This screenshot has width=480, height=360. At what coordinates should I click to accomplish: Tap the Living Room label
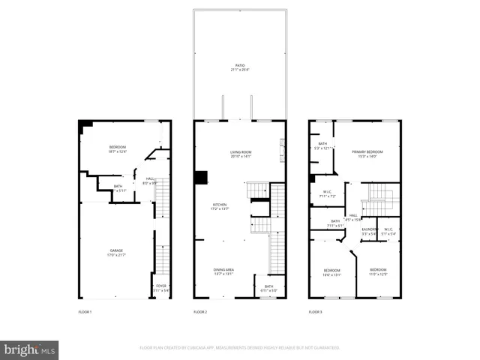[x=240, y=154]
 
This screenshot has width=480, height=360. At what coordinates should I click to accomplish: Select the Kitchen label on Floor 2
[x=220, y=205]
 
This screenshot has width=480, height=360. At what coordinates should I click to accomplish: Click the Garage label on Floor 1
[x=116, y=253]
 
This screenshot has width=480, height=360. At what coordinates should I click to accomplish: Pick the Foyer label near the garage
[x=160, y=288]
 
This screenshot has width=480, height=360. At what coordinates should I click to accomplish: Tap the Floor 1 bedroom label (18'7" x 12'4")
[x=117, y=149]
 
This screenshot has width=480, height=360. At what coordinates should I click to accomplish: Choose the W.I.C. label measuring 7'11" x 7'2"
[x=326, y=193]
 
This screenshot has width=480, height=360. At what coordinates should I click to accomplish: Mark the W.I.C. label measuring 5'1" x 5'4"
[x=388, y=231]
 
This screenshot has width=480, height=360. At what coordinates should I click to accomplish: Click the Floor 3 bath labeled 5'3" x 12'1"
[x=322, y=145]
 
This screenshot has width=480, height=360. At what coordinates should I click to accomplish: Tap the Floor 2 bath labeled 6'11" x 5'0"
[x=268, y=288]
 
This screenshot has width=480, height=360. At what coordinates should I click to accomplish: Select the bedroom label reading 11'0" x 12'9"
[x=377, y=271]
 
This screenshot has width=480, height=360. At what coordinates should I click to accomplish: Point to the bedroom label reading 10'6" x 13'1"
[x=332, y=272]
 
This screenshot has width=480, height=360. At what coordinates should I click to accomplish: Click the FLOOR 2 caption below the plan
[x=200, y=311]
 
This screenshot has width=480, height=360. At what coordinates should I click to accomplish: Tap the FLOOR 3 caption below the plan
[x=316, y=311]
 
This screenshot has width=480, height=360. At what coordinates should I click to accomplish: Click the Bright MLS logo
[x=30, y=349]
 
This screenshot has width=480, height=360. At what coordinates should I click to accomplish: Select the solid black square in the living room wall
[x=200, y=178]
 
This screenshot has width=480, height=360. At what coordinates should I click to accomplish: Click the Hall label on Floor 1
[x=150, y=180]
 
